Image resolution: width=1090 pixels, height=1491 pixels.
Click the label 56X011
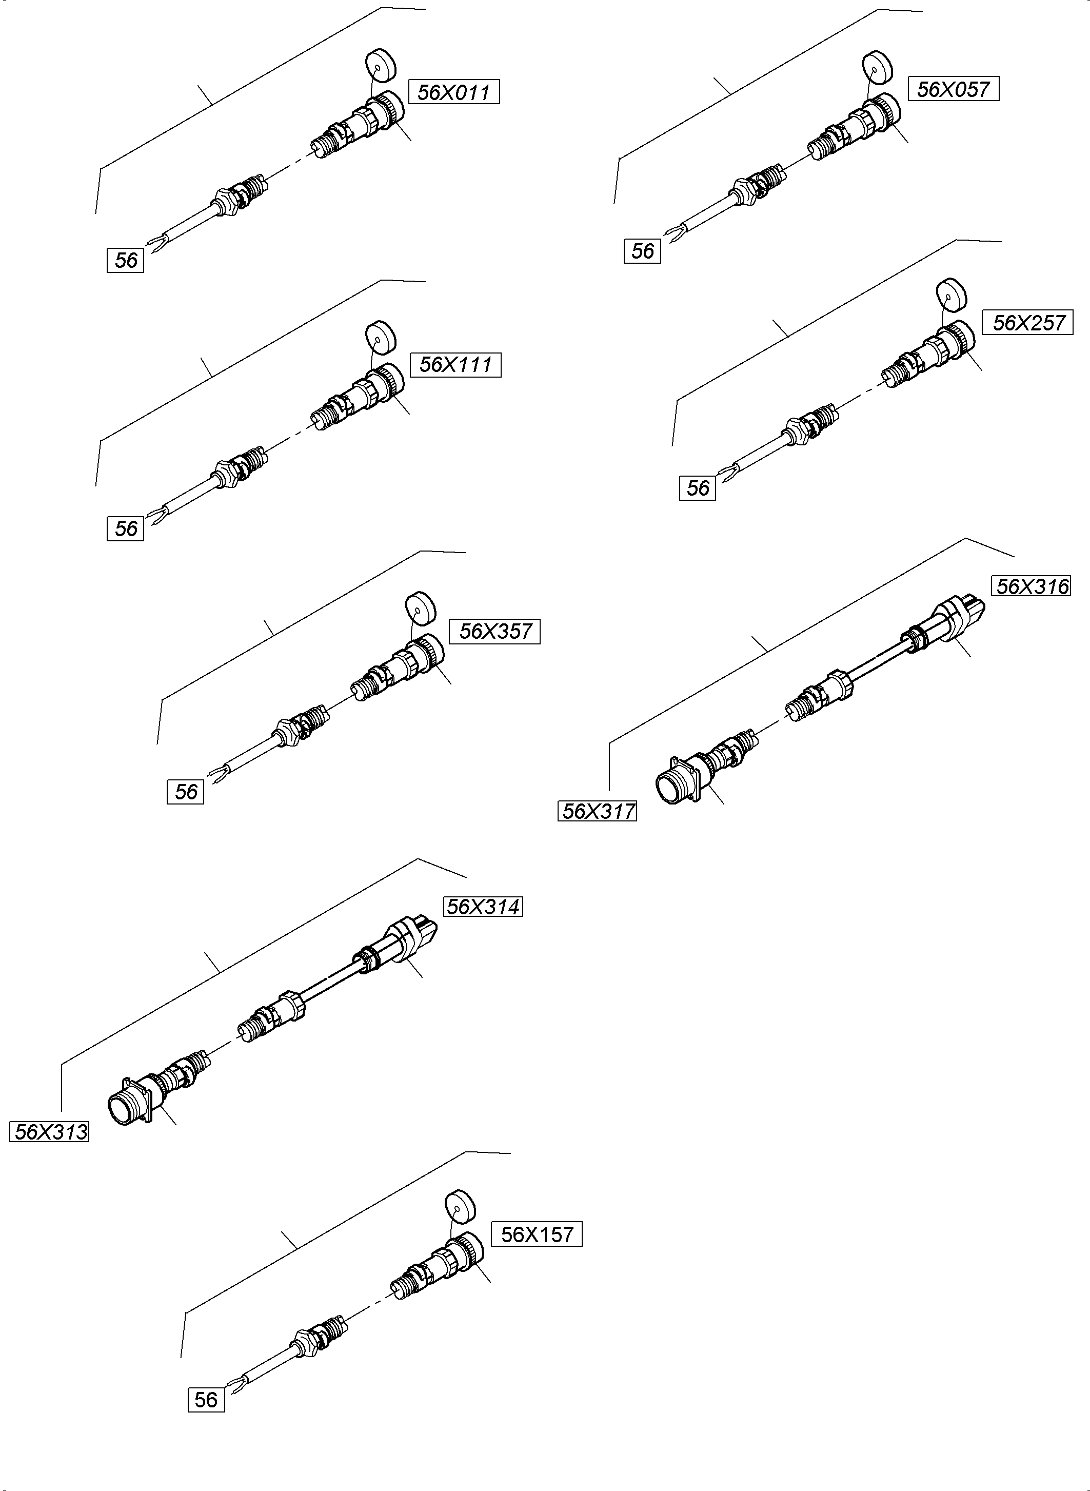click(x=454, y=92)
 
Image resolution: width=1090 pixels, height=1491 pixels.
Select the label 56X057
click(x=954, y=89)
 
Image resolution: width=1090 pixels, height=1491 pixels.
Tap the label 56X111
click(x=455, y=365)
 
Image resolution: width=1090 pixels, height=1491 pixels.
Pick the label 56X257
click(x=1028, y=323)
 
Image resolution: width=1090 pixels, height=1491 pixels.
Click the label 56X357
click(x=495, y=632)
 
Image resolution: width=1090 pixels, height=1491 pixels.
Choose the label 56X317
click(x=598, y=811)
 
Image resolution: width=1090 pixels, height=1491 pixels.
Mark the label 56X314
click(x=484, y=907)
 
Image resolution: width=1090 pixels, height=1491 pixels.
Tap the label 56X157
click(x=537, y=1234)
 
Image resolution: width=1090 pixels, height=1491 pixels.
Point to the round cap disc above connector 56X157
click(x=460, y=1207)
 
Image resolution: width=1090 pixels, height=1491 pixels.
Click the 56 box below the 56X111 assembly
click(x=125, y=528)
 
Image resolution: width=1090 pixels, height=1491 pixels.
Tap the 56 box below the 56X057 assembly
click(x=642, y=251)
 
